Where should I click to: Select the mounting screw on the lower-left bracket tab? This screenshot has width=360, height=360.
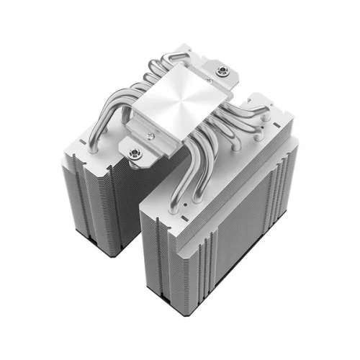[x=133, y=152]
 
